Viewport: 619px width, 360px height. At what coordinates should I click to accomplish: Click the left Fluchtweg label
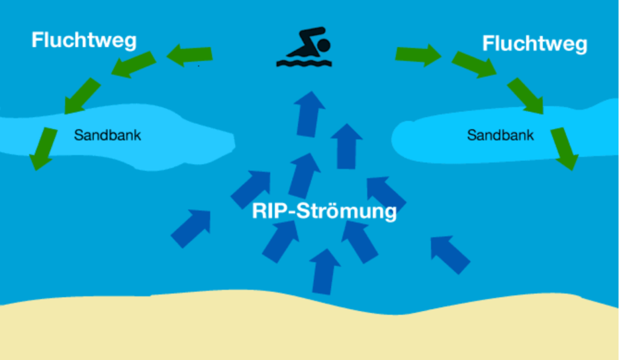[84, 40]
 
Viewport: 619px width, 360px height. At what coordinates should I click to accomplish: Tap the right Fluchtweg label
[534, 43]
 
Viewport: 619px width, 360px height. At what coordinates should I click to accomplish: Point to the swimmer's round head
[324, 45]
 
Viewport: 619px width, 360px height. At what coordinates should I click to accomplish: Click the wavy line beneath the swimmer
[303, 62]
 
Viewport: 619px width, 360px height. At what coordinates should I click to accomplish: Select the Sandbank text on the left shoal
[108, 135]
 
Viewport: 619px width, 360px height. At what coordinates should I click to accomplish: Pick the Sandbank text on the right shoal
[501, 135]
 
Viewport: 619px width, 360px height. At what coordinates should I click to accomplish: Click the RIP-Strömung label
[325, 212]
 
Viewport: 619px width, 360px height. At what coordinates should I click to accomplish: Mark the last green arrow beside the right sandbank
[564, 149]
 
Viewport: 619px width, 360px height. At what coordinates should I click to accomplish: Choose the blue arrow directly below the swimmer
[309, 112]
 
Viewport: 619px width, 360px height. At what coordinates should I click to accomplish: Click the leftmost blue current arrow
[191, 228]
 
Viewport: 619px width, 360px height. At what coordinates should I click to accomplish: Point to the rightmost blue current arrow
[450, 254]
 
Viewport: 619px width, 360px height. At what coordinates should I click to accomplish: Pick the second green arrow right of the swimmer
[475, 65]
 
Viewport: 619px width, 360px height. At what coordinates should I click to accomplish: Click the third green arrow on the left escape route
[83, 96]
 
